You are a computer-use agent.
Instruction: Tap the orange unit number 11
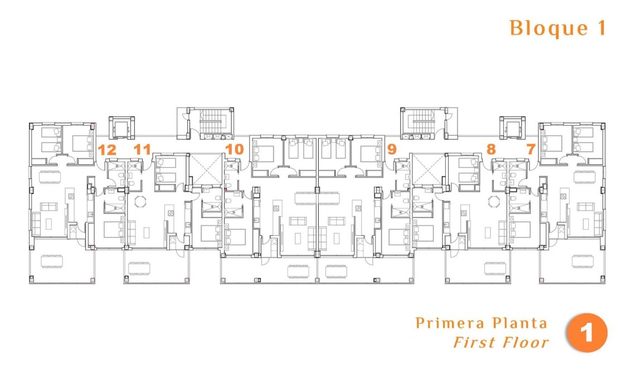pos(142,149)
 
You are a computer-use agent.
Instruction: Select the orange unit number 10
pos(235,149)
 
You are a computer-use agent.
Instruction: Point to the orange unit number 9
pos(392,149)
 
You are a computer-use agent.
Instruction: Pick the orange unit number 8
pos(490,149)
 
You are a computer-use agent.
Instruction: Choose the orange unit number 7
pos(530,149)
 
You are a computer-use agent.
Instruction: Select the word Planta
pos(519,323)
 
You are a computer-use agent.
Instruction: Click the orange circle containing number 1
pos(586,334)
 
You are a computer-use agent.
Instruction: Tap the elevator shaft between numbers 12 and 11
pos(121,129)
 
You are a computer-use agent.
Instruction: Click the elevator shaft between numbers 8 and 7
pos(512,129)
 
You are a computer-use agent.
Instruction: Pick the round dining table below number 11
pos(140,201)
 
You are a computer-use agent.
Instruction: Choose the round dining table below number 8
pos(493,201)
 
